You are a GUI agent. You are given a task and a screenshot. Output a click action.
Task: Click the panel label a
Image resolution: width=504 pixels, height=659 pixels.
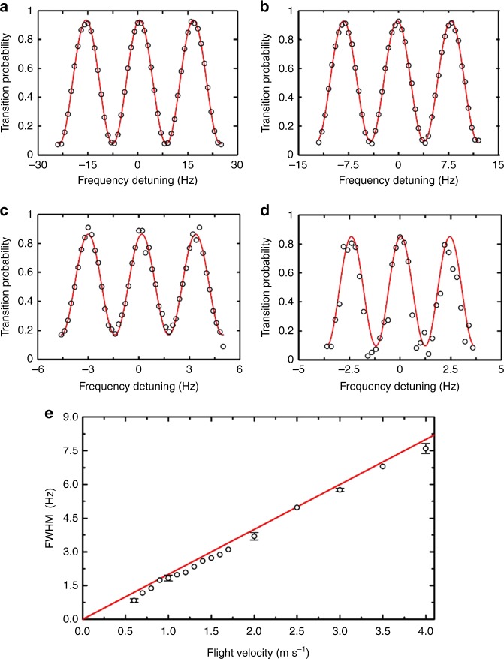click(6, 8)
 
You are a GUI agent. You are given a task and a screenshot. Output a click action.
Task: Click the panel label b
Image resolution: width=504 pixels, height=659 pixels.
click(261, 8)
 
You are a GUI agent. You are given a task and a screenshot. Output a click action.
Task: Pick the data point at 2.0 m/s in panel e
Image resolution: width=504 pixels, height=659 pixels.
click(255, 536)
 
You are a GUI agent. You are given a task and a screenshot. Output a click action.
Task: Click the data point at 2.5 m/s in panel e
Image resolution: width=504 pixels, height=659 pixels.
click(297, 507)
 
